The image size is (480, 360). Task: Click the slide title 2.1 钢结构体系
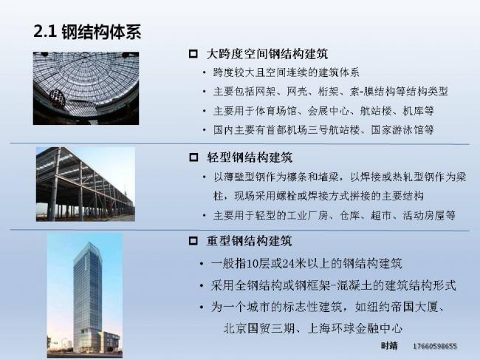pos(87,33)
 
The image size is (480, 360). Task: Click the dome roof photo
pos(86,88)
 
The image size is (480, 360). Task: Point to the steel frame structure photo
pos(86,183)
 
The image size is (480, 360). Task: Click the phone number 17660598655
pos(435,346)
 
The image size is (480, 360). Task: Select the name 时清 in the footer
pos(389,346)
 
